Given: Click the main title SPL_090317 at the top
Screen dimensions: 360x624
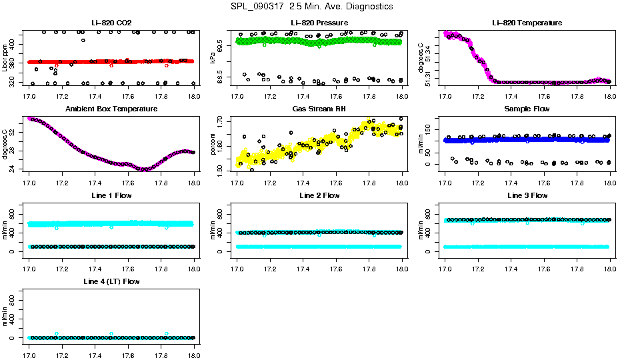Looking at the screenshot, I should coord(312,7).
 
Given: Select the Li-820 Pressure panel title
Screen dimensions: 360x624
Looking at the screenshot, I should coord(319,23).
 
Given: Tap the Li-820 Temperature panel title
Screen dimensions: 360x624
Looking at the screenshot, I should coord(527,23).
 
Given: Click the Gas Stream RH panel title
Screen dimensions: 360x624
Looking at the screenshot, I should coord(319,109).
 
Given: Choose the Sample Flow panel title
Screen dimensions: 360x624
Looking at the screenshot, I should coord(527,109).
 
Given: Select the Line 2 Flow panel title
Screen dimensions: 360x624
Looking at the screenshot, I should coord(319,195).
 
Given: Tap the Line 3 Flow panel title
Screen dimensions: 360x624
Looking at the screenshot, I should coord(527,195).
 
